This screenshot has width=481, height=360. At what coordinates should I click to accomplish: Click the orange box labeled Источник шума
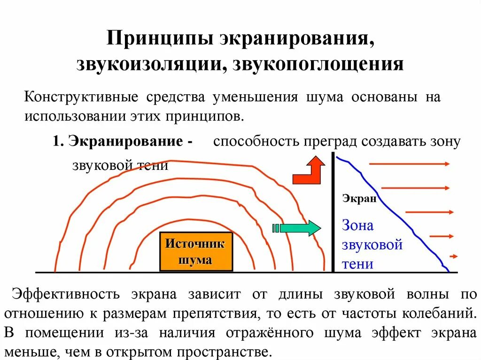coord(196,252)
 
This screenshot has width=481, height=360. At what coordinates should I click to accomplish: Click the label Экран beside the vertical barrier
coord(359,199)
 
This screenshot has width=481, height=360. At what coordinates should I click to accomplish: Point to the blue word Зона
coord(357,226)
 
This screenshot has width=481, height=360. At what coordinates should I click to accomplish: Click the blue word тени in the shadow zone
coord(357,264)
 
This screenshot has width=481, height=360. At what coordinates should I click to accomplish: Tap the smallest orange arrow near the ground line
coord(453,256)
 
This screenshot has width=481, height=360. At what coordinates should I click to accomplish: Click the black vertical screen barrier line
coord(333,211)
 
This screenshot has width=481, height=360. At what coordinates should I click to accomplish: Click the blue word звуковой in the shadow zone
coord(372,245)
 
